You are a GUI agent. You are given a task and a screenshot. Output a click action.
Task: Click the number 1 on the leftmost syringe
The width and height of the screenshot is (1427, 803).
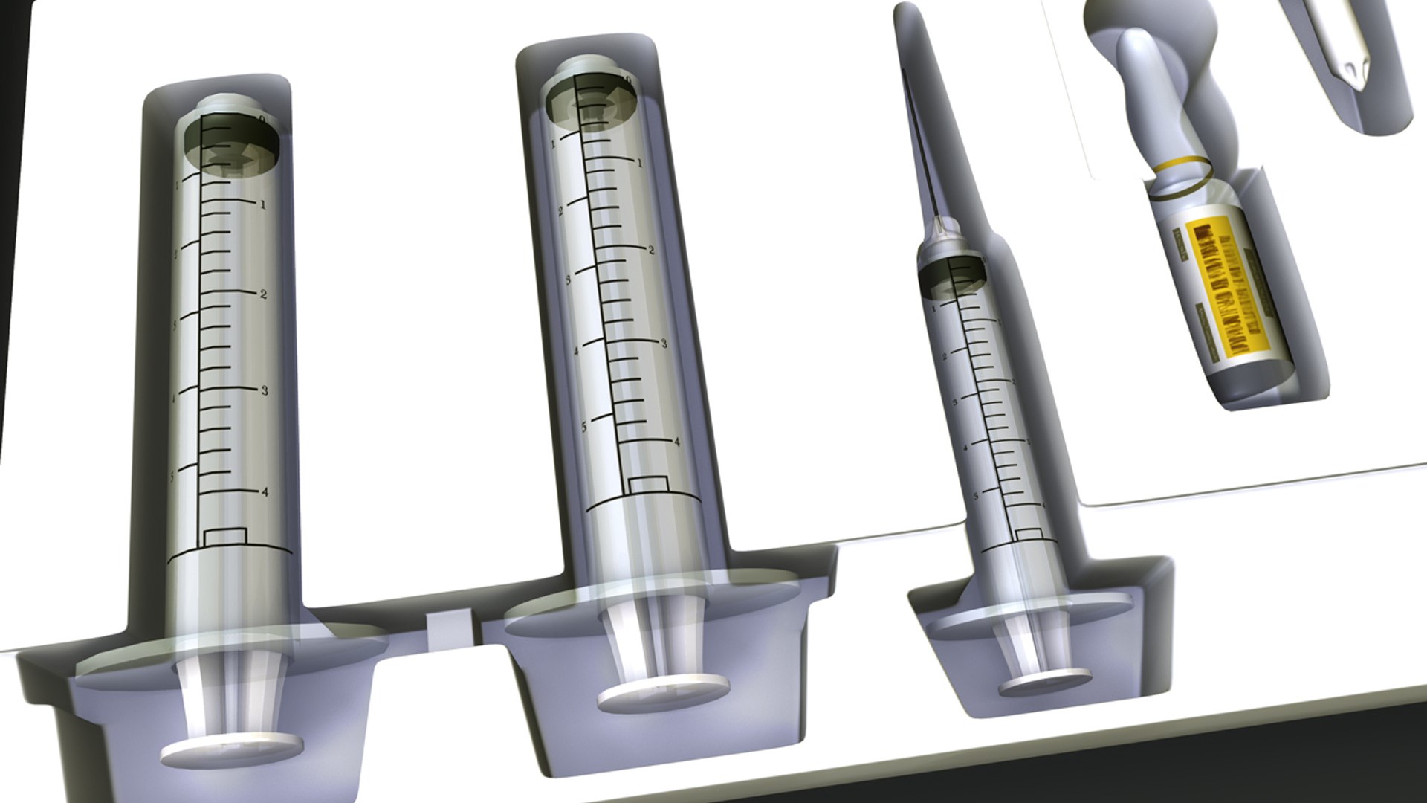click(x=262, y=205)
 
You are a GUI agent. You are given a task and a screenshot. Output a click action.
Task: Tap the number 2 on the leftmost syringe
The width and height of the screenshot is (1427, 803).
click(x=262, y=294)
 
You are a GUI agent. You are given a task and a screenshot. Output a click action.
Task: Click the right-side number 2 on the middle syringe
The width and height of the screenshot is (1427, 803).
click(x=651, y=250)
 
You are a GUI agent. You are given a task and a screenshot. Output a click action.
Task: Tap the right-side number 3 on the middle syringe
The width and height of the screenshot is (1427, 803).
click(x=664, y=344)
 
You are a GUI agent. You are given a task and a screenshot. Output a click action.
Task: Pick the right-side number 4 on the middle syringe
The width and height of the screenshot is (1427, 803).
click(x=676, y=441)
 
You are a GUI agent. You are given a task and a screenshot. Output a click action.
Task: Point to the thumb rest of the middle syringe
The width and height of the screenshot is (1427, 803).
click(x=663, y=697)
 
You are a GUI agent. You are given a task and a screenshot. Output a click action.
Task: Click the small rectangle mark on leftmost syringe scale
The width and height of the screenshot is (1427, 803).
click(x=225, y=536)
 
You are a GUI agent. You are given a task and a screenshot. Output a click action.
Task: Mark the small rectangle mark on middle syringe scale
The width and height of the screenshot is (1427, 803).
click(x=648, y=485)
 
